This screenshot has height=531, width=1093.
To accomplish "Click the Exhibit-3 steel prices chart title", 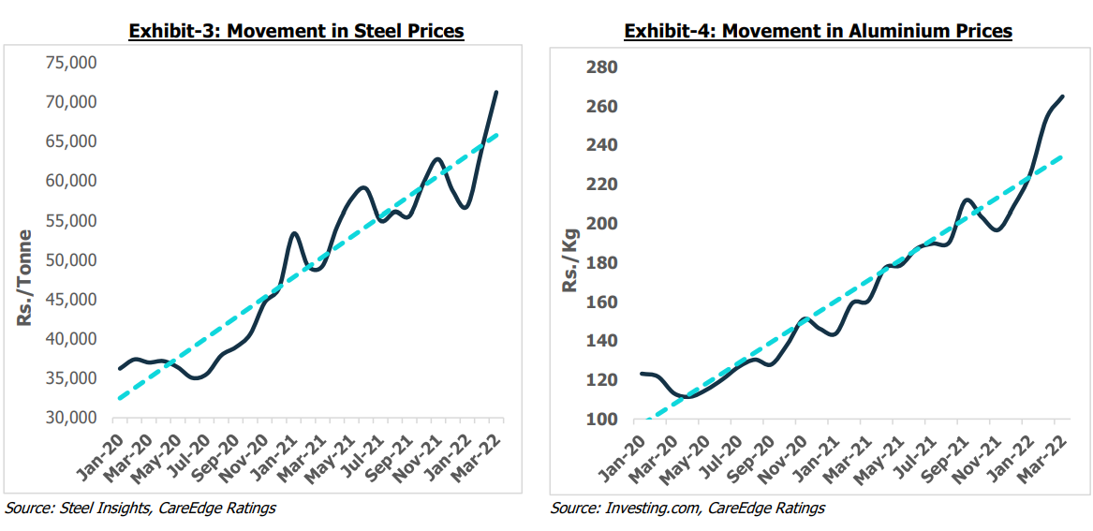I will [x=296, y=31].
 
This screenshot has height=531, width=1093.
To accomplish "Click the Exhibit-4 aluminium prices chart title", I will [x=818, y=31].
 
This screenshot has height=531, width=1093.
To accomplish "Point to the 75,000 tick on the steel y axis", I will [x=70, y=63].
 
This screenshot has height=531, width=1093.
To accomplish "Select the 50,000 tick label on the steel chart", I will [x=70, y=259].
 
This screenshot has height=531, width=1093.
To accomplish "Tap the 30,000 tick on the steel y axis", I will [x=70, y=418].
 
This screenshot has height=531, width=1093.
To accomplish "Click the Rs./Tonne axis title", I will [x=25, y=277].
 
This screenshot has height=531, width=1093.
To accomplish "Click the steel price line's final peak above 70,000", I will [x=496, y=92].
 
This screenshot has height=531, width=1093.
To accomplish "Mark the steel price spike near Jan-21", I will [x=294, y=233].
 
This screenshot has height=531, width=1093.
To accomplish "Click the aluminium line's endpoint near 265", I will [x=1062, y=96].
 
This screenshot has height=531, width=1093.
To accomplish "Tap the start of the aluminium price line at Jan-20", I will [x=642, y=374].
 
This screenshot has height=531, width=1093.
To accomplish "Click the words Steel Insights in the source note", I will [x=96, y=508].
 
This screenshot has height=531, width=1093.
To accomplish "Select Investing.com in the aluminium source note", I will [x=649, y=508].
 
